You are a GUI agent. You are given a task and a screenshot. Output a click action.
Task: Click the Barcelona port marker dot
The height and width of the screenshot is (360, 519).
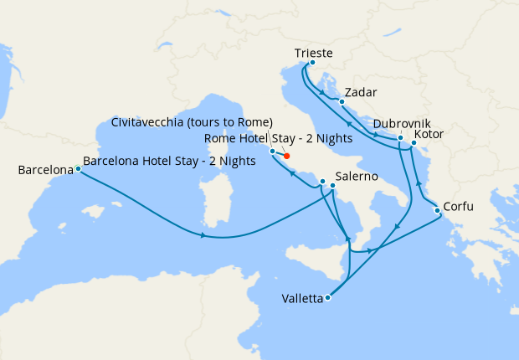click(78, 169)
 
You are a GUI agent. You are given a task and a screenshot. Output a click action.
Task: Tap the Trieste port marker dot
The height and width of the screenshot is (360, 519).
click(312, 63)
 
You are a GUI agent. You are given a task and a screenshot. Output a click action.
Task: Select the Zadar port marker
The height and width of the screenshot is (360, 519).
click(342, 101)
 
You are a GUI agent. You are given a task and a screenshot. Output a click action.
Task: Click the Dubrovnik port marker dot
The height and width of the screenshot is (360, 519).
click(400, 138)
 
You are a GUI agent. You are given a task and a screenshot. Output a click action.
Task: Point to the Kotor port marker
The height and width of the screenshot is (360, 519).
click(414, 143)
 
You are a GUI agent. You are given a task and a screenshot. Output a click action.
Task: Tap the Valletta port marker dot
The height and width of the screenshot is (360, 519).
click(327, 297)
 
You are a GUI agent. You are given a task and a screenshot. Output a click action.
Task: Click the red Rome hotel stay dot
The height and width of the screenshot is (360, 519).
click(286, 156)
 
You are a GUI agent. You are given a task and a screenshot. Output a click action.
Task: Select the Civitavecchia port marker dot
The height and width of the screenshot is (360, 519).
click(272, 151)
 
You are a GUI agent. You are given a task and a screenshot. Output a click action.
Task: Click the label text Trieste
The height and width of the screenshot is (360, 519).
click(314, 54)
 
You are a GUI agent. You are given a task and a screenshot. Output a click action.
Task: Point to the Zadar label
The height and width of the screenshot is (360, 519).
click(361, 92)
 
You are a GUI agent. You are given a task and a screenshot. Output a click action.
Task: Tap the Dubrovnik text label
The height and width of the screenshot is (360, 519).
click(403, 123)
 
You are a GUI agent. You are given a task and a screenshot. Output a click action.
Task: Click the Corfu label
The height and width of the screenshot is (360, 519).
click(461, 204)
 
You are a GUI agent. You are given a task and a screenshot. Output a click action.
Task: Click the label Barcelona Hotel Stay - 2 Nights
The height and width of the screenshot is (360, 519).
click(170, 162)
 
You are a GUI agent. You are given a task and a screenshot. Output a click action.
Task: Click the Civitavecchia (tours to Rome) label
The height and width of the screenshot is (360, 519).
click(192, 122)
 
